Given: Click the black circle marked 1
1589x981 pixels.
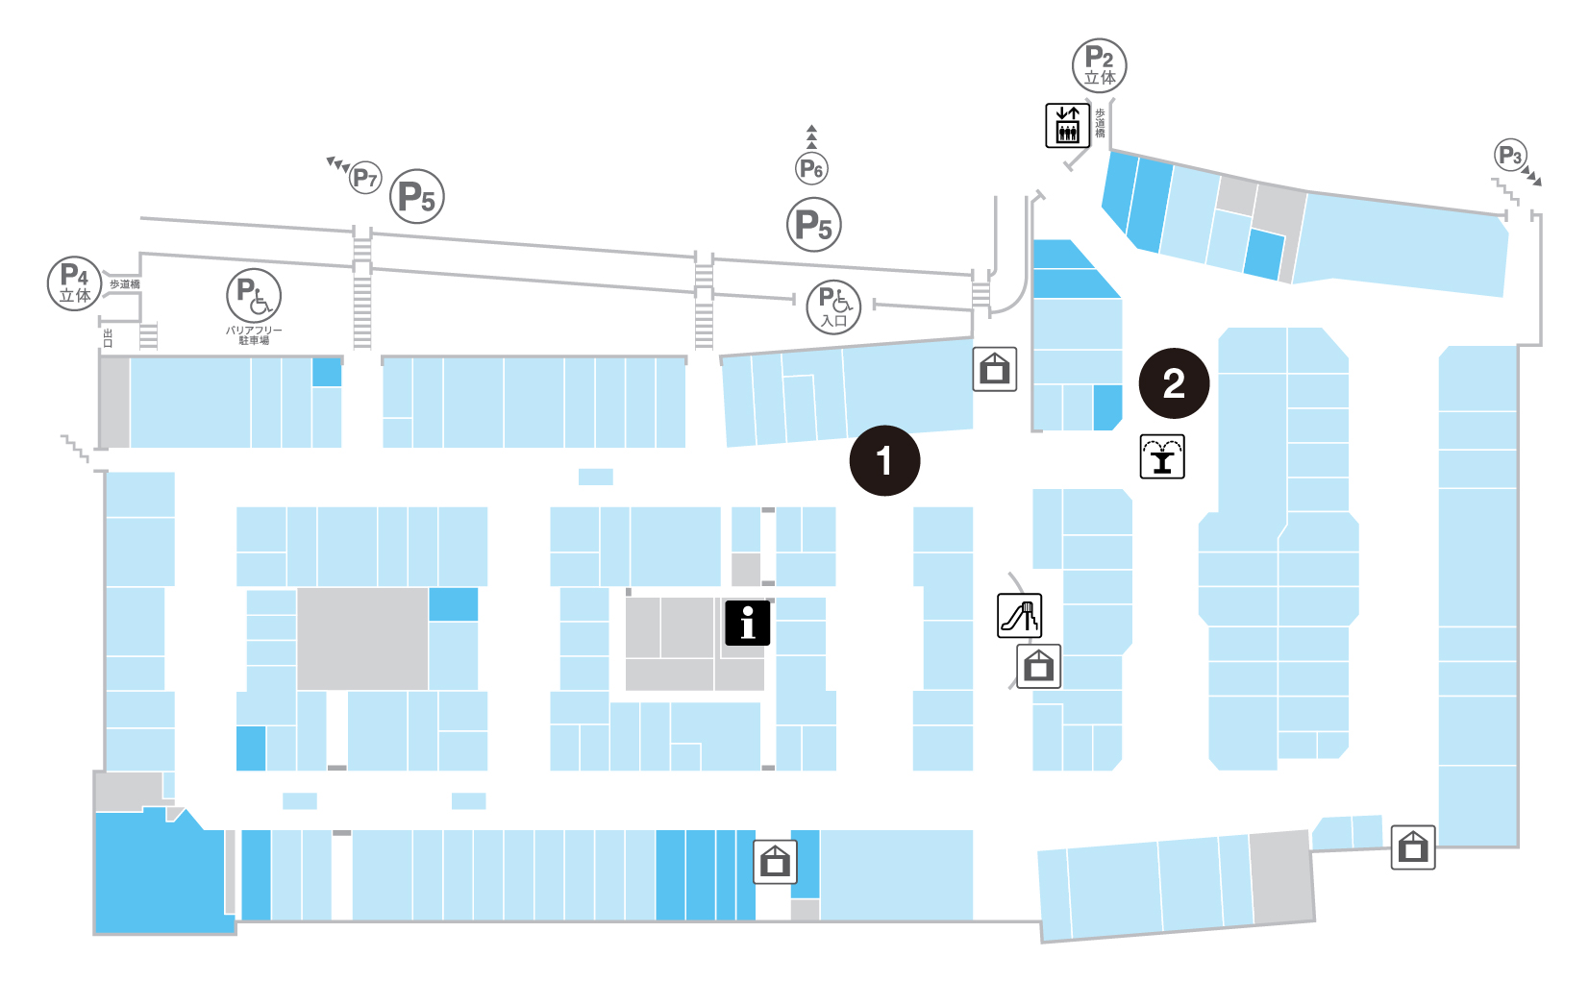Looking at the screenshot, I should pyautogui.click(x=884, y=461).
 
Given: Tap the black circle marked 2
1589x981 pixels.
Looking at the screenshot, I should pyautogui.click(x=1174, y=383).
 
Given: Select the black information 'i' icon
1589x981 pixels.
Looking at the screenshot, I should pyautogui.click(x=748, y=623).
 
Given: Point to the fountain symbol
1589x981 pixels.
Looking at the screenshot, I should pyautogui.click(x=1162, y=456).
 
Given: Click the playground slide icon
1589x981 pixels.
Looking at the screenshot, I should pyautogui.click(x=1019, y=615).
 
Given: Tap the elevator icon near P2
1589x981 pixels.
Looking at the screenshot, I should pyautogui.click(x=1067, y=125).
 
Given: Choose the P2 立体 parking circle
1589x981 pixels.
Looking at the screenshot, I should pyautogui.click(x=1099, y=66).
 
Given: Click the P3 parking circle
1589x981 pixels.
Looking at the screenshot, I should pyautogui.click(x=1510, y=156).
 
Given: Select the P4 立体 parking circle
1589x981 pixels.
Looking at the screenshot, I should pyautogui.click(x=74, y=283).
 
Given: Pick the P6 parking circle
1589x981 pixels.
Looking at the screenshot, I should pyautogui.click(x=812, y=169).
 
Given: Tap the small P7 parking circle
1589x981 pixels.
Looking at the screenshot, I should pyautogui.click(x=365, y=178).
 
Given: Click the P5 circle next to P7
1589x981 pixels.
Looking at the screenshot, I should pyautogui.click(x=417, y=197).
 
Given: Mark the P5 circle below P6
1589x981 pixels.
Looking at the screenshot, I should pyautogui.click(x=814, y=226).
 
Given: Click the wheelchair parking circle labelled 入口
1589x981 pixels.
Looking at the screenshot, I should pyautogui.click(x=833, y=307).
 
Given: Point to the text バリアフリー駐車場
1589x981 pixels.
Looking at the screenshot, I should pyautogui.click(x=254, y=335).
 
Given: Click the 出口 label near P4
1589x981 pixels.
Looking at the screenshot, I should pyautogui.click(x=108, y=337).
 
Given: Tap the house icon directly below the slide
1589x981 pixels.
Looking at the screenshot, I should pyautogui.click(x=1038, y=666).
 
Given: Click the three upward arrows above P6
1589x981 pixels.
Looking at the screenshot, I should pyautogui.click(x=812, y=136).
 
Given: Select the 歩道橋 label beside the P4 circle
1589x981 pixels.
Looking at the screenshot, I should pyautogui.click(x=125, y=284).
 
